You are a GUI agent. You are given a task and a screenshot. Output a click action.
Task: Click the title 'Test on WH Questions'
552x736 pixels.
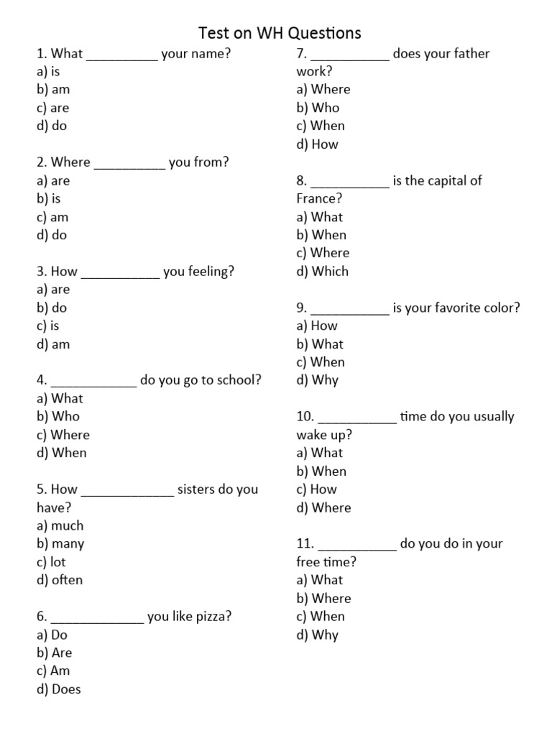280,32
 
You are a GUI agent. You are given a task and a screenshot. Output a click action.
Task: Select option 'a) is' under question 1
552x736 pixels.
48,72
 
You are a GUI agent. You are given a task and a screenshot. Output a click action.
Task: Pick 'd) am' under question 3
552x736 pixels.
53,344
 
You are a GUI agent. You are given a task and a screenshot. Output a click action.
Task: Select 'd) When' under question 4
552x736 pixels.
61,453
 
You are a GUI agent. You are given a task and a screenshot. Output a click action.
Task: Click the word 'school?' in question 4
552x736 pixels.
240,380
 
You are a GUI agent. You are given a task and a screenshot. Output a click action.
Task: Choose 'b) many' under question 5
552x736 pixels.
60,544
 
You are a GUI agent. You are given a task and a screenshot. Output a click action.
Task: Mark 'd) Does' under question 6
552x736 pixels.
59,689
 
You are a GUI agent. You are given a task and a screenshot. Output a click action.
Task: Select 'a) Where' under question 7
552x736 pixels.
323,90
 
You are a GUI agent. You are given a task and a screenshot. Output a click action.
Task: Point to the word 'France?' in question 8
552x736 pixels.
319,199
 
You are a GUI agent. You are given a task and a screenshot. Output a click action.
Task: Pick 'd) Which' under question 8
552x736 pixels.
322,272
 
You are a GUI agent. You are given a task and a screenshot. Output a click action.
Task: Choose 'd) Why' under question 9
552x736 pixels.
317,380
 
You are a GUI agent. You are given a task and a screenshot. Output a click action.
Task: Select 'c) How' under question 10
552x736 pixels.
316,489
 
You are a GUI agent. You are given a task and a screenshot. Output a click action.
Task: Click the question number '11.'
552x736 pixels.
305,544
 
